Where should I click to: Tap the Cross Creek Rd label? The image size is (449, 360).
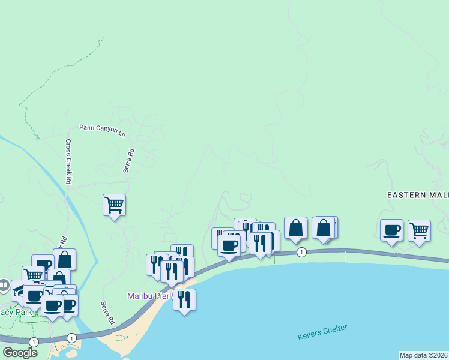(68, 162)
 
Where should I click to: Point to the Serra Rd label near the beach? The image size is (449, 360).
(107, 313)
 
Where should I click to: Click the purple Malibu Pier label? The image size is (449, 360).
(150, 296)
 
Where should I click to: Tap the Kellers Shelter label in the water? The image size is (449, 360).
(322, 332)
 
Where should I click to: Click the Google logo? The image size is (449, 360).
(20, 352)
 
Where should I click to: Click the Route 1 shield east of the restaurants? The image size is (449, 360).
(302, 253)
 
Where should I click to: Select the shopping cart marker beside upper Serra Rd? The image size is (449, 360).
(114, 205)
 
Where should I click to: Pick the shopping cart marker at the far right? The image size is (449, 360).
(419, 230)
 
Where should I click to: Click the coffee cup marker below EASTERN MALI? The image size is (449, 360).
(392, 230)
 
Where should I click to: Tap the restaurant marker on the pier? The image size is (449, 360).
(184, 299)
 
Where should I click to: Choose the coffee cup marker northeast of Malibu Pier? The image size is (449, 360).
(229, 245)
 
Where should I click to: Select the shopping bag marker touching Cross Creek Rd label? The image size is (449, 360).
(65, 259)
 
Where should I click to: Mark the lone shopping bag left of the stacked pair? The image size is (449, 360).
(295, 228)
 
